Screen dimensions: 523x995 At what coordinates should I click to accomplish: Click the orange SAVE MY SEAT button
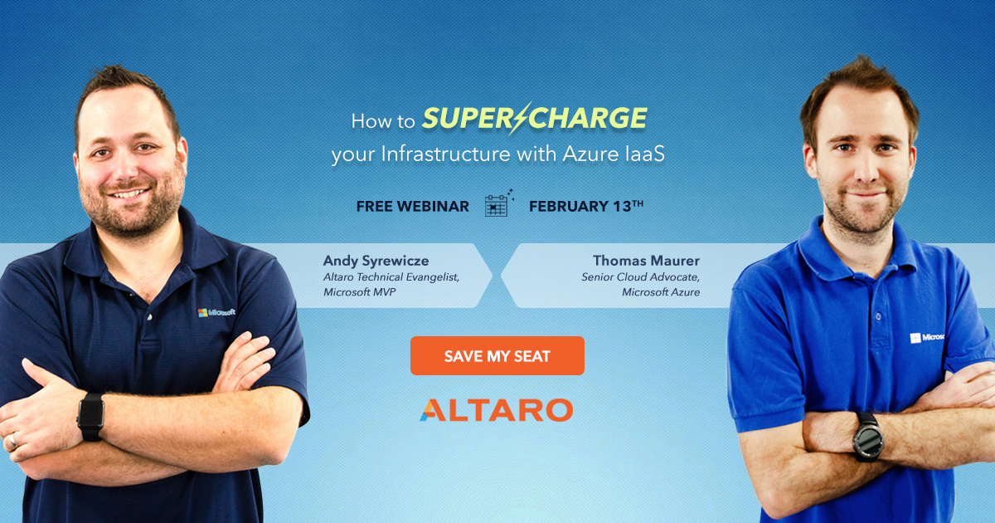[x=497, y=356]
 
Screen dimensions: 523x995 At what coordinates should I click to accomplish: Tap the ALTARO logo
[x=496, y=410]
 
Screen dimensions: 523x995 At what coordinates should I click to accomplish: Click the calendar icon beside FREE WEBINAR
[x=497, y=204]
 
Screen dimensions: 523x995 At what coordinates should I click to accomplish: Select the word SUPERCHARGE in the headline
[x=534, y=119]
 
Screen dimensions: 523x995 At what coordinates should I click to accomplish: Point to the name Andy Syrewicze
[x=376, y=261]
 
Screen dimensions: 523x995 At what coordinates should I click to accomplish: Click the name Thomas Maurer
[x=646, y=261]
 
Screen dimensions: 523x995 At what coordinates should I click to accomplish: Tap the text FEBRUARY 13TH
[x=585, y=206]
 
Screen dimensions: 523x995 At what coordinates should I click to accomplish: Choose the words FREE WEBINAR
[x=412, y=206]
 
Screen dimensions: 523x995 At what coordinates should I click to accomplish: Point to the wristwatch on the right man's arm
[x=868, y=434]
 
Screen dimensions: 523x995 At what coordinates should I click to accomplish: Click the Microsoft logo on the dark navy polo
[x=216, y=312]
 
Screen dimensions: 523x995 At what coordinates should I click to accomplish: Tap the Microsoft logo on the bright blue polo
[x=927, y=337]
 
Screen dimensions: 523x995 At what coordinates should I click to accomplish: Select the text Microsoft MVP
[x=360, y=292]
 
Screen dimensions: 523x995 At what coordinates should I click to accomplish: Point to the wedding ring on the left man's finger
[x=12, y=442]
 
